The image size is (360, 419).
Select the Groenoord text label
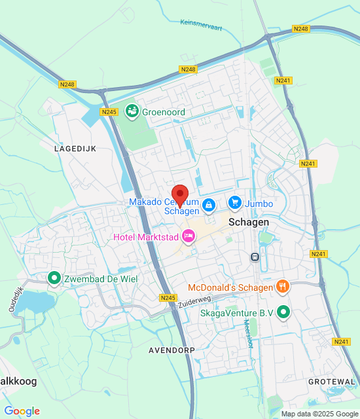point(164,112)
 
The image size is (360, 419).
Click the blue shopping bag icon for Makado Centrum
point(208,206)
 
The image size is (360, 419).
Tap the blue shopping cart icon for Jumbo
point(235,204)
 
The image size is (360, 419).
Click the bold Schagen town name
point(249,223)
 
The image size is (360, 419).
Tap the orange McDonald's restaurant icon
point(283,286)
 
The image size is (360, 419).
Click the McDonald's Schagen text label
point(230,287)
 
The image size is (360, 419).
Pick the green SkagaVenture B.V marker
point(283,312)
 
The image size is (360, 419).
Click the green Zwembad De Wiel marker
point(54,278)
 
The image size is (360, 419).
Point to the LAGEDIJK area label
point(75,149)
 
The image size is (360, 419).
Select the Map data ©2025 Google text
point(319,414)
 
